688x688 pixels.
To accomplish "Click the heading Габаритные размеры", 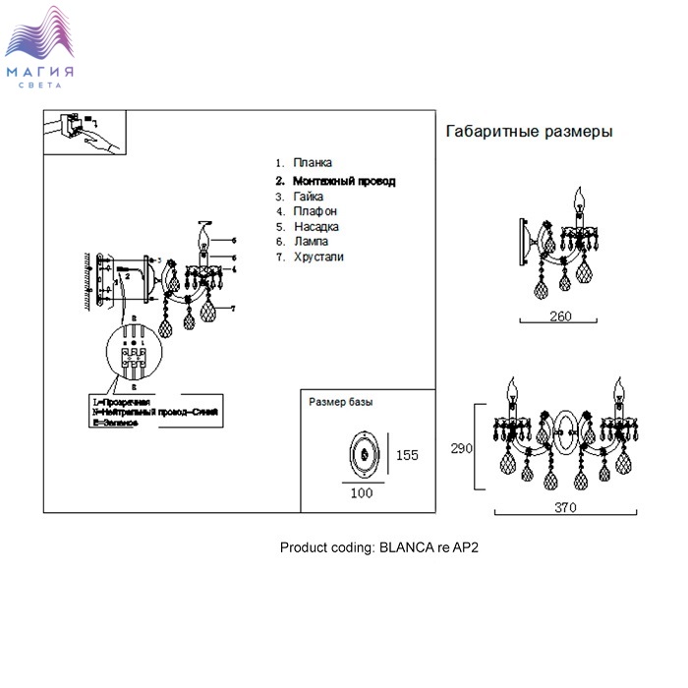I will [530, 132].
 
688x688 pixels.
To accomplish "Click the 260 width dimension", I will [561, 316].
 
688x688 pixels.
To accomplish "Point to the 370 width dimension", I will [565, 508].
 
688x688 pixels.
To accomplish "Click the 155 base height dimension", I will [407, 455].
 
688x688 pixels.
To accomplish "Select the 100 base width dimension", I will [362, 493].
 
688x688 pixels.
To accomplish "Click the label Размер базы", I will [341, 402].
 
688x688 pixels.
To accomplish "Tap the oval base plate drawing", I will [364, 455].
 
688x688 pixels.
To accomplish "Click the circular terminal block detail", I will [135, 355].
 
